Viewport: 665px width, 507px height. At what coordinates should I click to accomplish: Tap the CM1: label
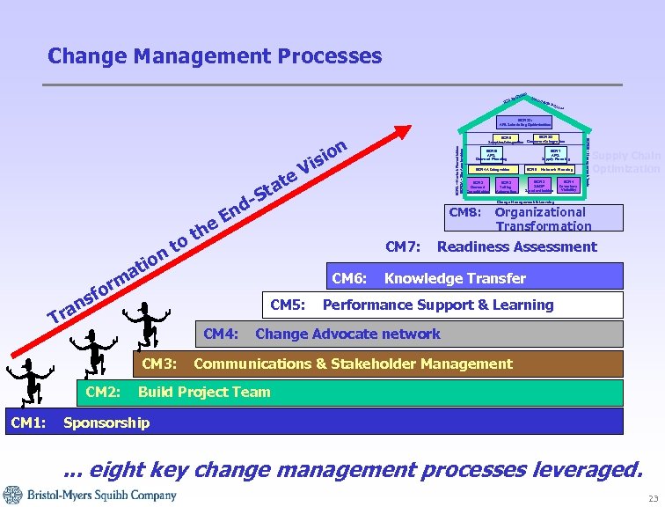[x=27, y=423]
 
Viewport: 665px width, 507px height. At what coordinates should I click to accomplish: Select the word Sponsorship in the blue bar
[x=106, y=423]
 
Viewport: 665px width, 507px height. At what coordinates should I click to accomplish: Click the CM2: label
[x=103, y=392]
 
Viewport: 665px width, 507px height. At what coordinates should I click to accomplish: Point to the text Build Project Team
[x=204, y=392]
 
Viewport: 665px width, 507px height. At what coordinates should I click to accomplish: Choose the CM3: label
[x=159, y=364]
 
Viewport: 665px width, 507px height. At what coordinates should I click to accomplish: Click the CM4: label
[x=222, y=334]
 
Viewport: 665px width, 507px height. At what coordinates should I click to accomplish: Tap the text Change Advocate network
[x=347, y=334]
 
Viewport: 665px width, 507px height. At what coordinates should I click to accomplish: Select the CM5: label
[x=288, y=305]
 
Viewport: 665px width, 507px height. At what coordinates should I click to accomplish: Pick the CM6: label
[x=350, y=278]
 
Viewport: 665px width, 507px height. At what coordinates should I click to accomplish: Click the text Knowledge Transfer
[x=455, y=278]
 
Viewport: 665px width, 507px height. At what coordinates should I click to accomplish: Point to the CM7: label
[x=404, y=246]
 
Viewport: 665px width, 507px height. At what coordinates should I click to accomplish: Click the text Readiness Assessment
[x=516, y=246]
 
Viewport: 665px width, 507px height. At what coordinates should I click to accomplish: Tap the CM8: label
[x=465, y=212]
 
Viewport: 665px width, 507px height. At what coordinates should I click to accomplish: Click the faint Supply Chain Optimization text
[x=625, y=162]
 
